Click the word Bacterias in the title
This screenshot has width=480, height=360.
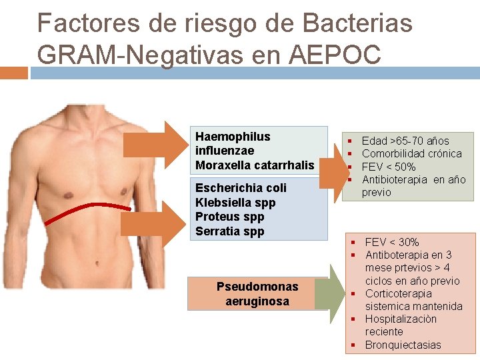click(x=357, y=24)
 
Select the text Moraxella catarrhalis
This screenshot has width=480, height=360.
click(x=255, y=165)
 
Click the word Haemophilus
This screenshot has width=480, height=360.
click(x=233, y=136)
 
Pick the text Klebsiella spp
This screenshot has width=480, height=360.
click(x=235, y=203)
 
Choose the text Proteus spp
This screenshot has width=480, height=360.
click(x=230, y=217)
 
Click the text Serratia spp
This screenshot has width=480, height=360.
click(x=230, y=231)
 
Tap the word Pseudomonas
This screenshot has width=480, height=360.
click(x=257, y=287)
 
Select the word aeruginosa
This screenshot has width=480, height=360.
click(x=257, y=301)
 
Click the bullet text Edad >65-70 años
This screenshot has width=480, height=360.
click(x=405, y=141)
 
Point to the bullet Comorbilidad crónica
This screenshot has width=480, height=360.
click(x=411, y=153)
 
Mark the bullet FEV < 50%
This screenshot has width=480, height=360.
click(x=389, y=167)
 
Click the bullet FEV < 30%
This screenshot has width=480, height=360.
click(x=392, y=242)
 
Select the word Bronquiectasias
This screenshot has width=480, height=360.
click(x=403, y=345)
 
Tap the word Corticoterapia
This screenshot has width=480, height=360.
click(x=398, y=293)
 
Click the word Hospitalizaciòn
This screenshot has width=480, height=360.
click(x=401, y=319)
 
